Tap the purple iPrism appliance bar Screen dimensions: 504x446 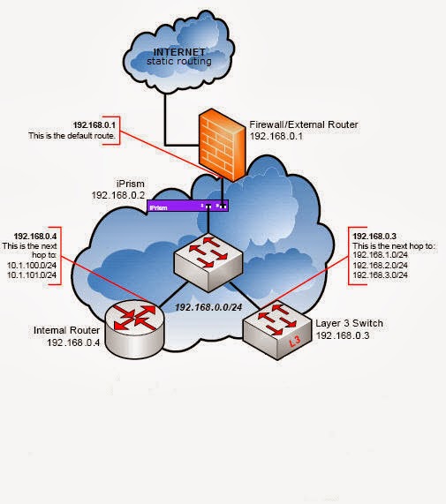[187, 207]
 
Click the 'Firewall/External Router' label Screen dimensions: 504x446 [291, 124]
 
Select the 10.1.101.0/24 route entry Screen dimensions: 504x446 [34, 276]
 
